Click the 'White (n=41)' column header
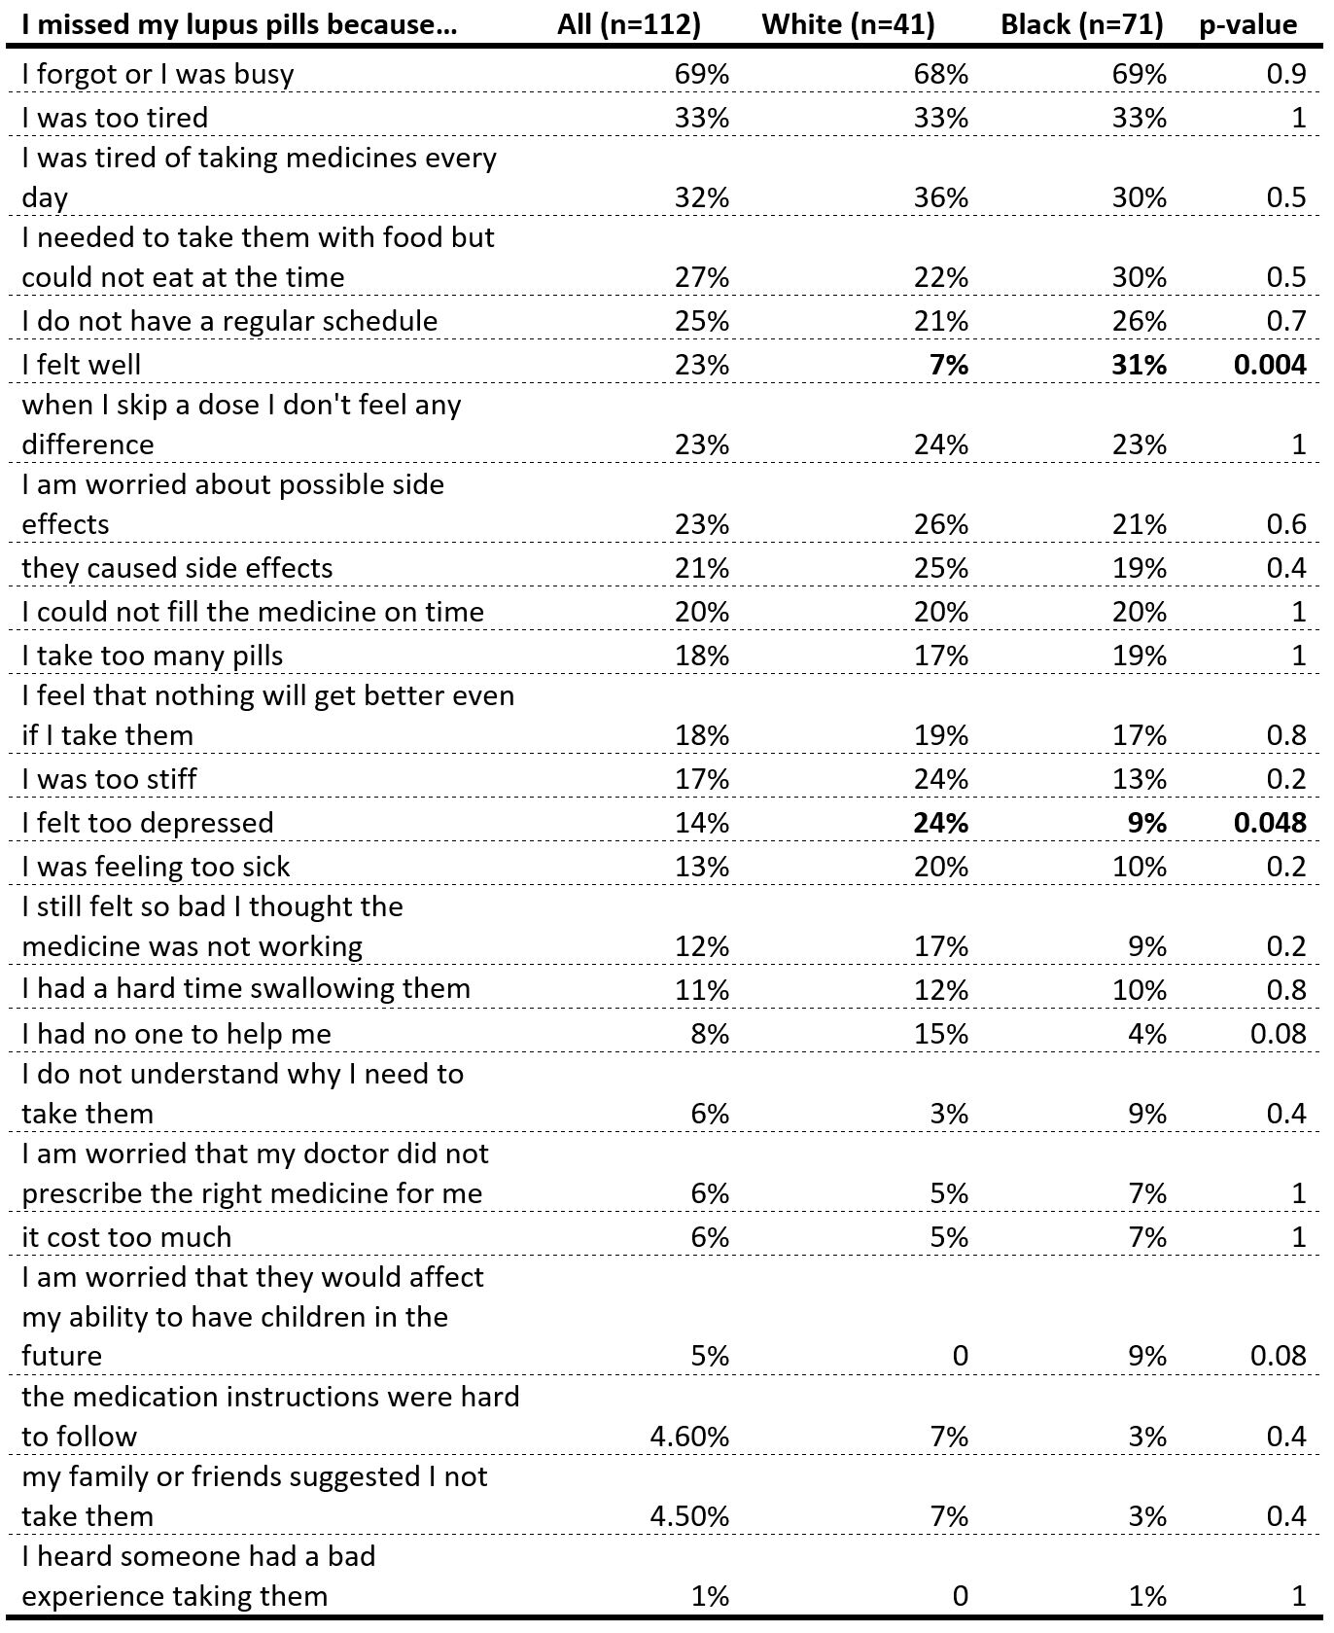pos(848,24)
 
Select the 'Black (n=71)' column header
pos(1081,24)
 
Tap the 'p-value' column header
pos(1247,24)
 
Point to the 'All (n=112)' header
pos(629,24)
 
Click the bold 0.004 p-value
pos(1270,365)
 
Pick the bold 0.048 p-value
pos(1270,823)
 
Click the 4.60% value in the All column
pos(689,1437)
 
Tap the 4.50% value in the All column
pos(689,1516)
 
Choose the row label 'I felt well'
pos(82,365)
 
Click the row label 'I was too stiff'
pos(109,779)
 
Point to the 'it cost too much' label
pos(126,1237)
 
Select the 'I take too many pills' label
pos(152,656)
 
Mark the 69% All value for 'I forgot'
pos(702,74)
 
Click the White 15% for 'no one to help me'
pos(941,1033)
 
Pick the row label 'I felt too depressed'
pos(148,823)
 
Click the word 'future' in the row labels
pos(61,1356)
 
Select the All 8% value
pos(710,1033)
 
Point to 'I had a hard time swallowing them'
pos(246,989)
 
